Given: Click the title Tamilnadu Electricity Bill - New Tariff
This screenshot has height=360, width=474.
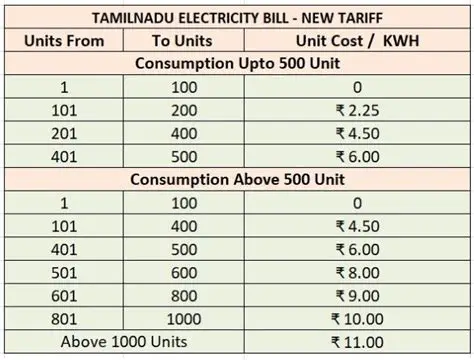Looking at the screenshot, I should (x=236, y=18).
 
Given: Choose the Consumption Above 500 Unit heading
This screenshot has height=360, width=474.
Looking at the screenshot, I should (x=236, y=180).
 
